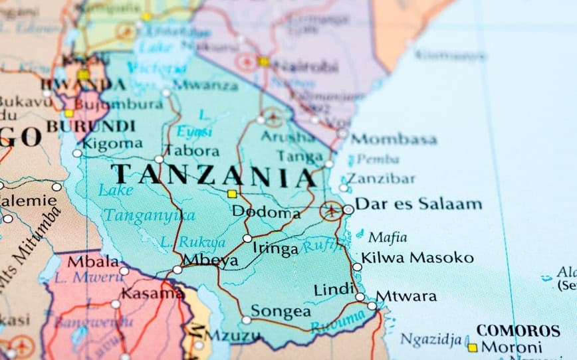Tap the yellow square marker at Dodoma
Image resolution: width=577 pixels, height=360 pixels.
[232, 194]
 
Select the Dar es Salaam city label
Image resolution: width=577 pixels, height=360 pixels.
[419, 204]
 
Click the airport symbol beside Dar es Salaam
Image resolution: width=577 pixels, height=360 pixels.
[330, 211]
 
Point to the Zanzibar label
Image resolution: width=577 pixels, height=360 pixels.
[382, 178]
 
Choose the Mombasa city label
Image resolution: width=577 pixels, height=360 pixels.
[394, 139]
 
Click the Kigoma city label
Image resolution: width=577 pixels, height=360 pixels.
[112, 143]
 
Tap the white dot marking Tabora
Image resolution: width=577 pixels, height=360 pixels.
[159, 159]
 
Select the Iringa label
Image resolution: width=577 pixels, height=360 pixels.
[276, 249]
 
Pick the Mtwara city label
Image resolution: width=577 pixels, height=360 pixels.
[406, 296]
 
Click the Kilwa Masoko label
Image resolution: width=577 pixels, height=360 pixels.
[417, 258]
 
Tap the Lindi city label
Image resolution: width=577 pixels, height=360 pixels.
[334, 289]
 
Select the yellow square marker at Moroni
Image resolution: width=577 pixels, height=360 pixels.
[472, 347]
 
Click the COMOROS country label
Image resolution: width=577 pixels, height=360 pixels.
[518, 330]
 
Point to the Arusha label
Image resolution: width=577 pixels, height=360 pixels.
[288, 136]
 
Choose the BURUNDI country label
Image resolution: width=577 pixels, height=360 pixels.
[91, 126]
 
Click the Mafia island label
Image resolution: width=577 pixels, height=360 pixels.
[388, 237]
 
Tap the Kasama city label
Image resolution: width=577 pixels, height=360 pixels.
[152, 292]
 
